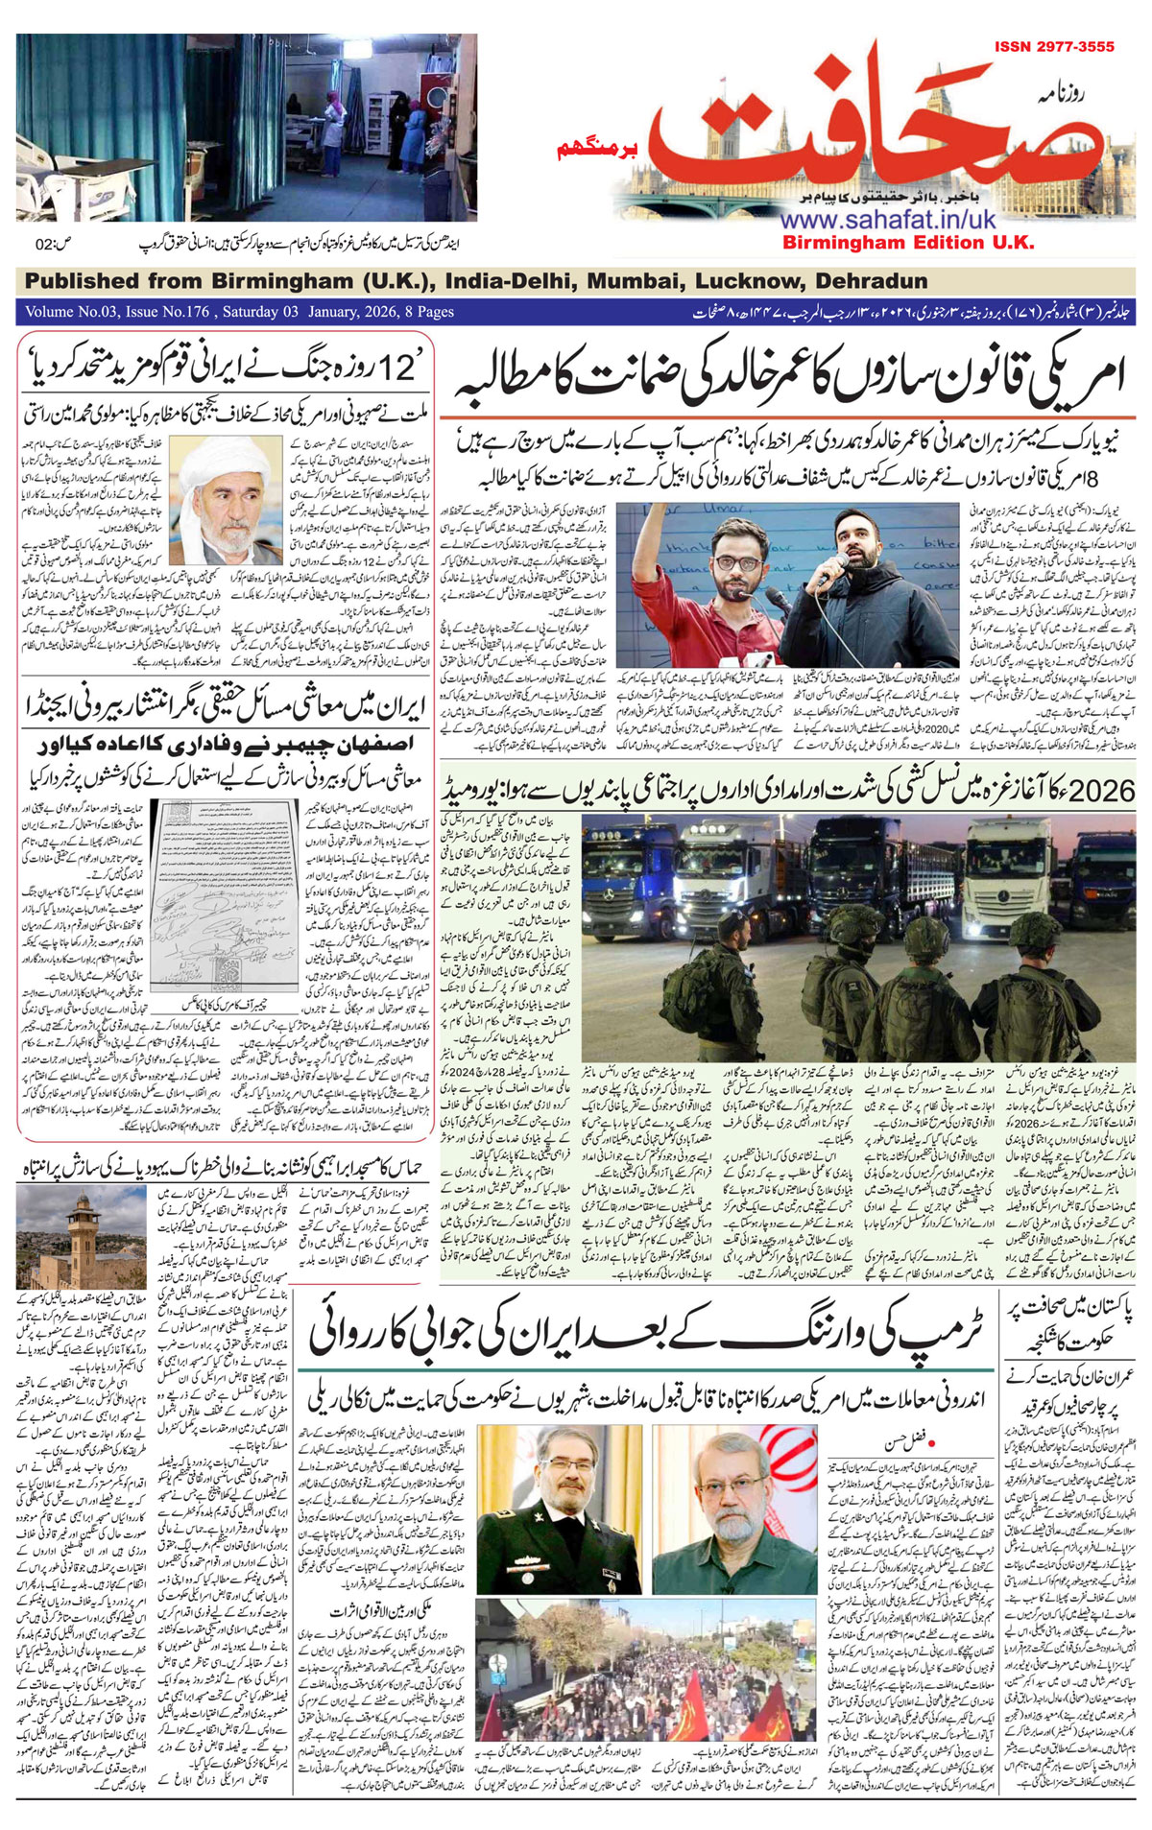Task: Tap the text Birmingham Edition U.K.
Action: pos(908,243)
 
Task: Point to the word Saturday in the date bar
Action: pos(259,312)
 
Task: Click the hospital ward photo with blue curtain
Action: pos(247,128)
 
